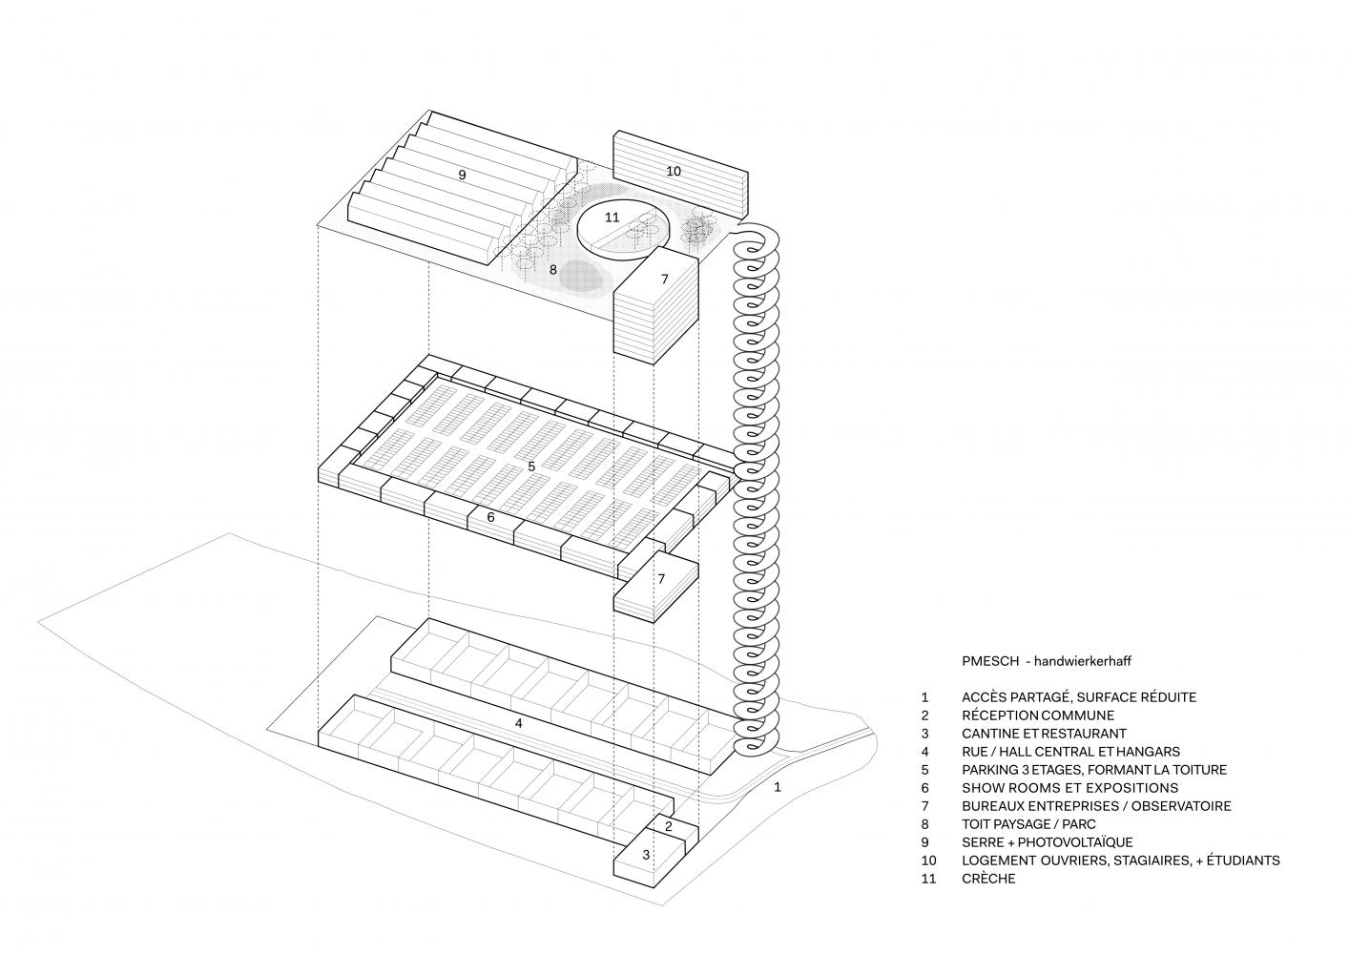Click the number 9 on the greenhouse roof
pos(462,176)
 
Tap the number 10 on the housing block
pos(674,171)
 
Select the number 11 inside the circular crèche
pos(612,218)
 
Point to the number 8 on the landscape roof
pos(552,270)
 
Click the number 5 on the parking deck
pos(531,466)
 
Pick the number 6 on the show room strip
pos(490,517)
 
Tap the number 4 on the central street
pos(518,723)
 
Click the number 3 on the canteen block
pos(646,855)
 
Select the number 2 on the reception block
pos(669,826)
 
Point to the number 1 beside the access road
pos(778,787)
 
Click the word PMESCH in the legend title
pos(988,660)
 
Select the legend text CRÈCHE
pos(988,879)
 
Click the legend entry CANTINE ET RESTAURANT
pos(1044,734)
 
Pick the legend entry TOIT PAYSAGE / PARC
pos(1028,824)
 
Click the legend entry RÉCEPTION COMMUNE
pos(1038,715)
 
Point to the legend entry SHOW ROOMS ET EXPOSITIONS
pos(1069,788)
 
